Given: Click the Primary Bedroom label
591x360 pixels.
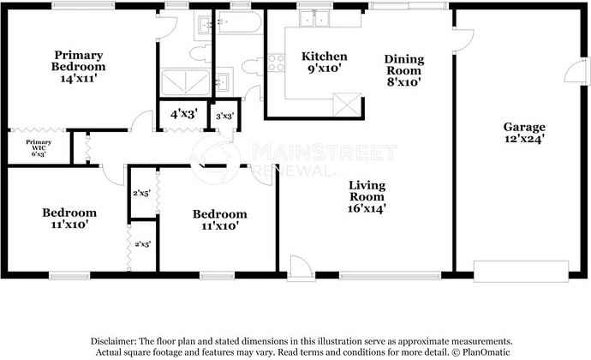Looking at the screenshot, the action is click(x=79, y=61).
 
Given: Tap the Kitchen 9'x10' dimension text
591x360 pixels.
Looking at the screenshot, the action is click(x=325, y=69).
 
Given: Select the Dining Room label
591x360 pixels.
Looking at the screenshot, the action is click(x=404, y=64).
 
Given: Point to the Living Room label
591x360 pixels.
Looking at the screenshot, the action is click(x=367, y=190).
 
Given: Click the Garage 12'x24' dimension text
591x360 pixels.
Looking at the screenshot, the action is click(x=524, y=139).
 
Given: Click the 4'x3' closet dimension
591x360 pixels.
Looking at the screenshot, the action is click(x=184, y=114).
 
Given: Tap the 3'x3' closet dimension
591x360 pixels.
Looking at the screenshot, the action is click(x=224, y=117).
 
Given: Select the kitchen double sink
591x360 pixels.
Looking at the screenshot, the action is click(x=314, y=19).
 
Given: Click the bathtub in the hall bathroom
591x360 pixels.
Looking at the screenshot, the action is click(x=240, y=22).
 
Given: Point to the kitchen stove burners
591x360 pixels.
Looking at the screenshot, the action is click(x=277, y=63).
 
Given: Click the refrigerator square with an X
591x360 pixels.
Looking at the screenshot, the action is click(x=347, y=105).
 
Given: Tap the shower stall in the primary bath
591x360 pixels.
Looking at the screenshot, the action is click(x=186, y=82).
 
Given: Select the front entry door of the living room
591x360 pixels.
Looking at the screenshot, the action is click(x=300, y=267).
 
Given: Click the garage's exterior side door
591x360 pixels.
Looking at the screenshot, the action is click(x=576, y=72).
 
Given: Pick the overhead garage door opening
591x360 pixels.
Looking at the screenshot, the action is click(x=521, y=271).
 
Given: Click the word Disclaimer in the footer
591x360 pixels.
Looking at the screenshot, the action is click(x=113, y=341).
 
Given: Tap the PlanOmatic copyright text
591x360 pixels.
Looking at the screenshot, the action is click(x=481, y=352).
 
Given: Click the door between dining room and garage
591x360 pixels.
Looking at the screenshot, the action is click(x=463, y=41).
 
